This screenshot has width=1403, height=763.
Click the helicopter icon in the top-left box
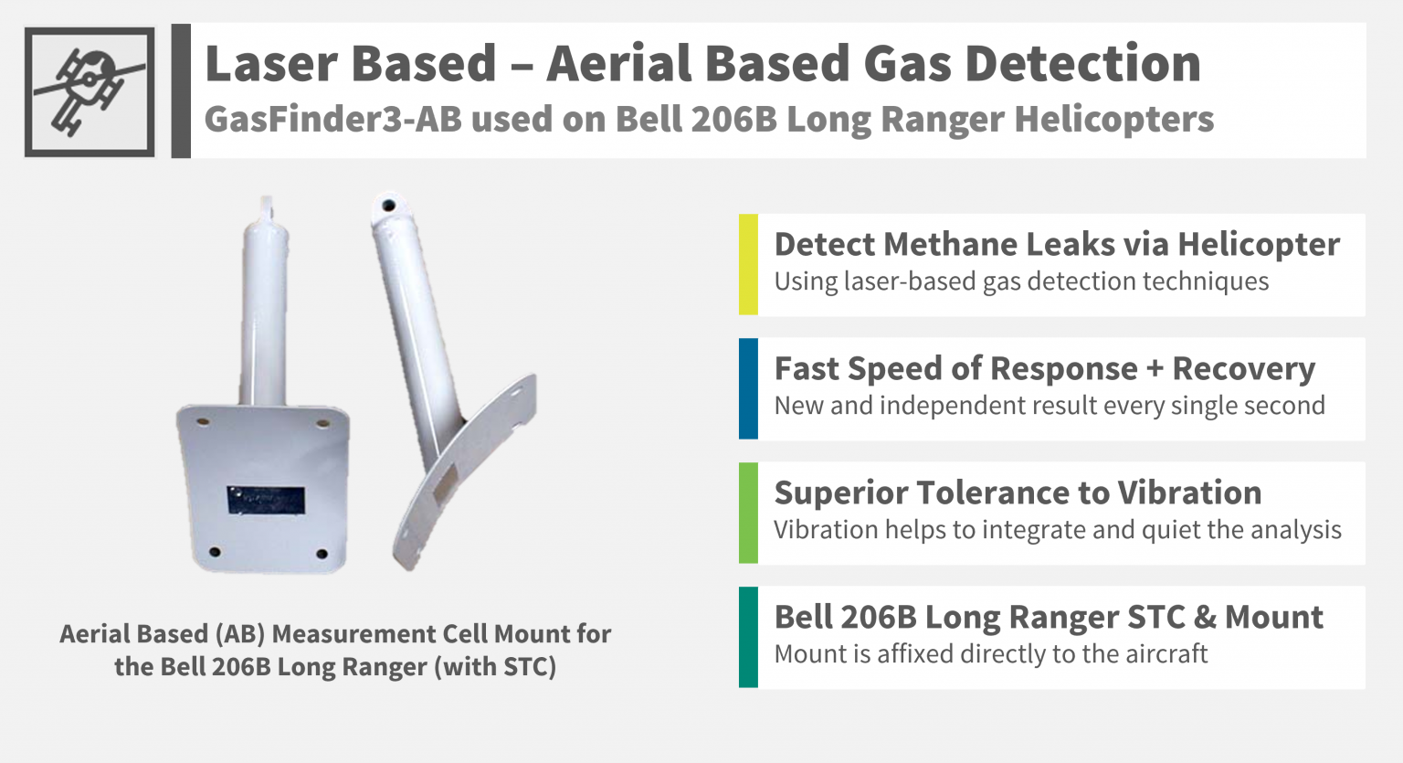point(89,91)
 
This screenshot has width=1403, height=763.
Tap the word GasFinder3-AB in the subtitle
point(332,119)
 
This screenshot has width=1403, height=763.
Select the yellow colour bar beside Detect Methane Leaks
point(748,264)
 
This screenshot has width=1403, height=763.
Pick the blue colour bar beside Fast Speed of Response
point(748,388)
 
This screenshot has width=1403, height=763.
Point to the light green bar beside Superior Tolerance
point(748,513)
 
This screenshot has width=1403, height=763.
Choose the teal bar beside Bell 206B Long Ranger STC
point(748,637)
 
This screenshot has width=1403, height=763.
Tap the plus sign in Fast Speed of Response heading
point(1155,369)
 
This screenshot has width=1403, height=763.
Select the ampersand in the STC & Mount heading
point(1205,617)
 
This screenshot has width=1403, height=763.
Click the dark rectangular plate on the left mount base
point(266,499)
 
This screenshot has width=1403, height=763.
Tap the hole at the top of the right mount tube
point(387,205)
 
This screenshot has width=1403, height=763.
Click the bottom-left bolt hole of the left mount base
point(215,552)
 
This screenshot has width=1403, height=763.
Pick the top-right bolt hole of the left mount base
point(322,423)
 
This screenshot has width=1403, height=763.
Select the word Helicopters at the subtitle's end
point(1114,119)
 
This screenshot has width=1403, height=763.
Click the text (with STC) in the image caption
point(495,666)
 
